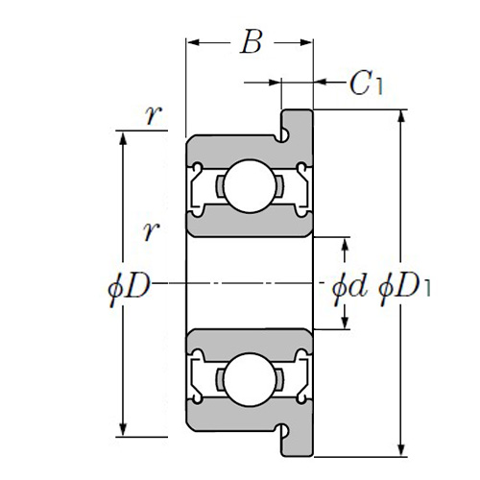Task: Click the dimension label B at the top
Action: tap(252, 42)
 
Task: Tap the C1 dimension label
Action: tap(366, 83)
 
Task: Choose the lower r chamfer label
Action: tap(151, 230)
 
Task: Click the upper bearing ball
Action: tap(250, 186)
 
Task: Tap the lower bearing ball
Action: tap(250, 379)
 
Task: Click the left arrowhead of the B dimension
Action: tap(193, 42)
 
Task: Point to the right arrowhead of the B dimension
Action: tap(305, 42)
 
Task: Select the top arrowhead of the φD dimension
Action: tap(123, 138)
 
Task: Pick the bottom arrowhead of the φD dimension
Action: tap(123, 429)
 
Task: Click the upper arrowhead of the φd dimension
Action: tap(345, 245)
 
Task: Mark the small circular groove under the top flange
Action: tap(283, 136)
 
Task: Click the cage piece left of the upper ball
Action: tap(220, 186)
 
